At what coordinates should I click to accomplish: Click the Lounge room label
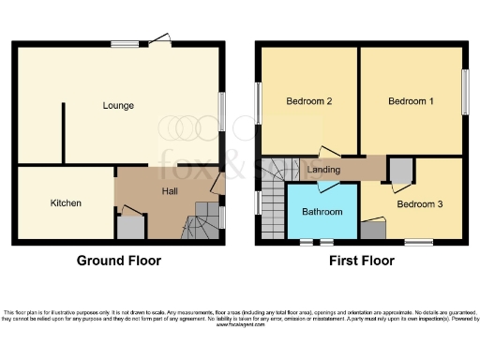[x=118, y=105]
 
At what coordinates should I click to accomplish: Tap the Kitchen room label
[x=66, y=202]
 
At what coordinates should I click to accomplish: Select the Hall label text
[x=170, y=191]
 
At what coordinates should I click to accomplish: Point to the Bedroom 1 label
[x=411, y=101]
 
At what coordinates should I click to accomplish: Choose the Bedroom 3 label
[x=417, y=202]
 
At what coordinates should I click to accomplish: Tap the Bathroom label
[x=322, y=212]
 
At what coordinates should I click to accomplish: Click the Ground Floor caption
[x=118, y=261]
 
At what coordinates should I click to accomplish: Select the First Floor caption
[x=361, y=261]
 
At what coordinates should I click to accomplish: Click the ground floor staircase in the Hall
[x=199, y=223]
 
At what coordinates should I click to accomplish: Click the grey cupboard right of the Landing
[x=400, y=171]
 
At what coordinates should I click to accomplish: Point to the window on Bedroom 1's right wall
[x=463, y=92]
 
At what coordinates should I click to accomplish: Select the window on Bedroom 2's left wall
[x=258, y=101]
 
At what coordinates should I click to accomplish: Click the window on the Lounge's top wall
[x=125, y=42]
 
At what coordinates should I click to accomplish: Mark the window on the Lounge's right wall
[x=222, y=105]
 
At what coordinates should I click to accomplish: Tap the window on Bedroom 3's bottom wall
[x=418, y=243]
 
